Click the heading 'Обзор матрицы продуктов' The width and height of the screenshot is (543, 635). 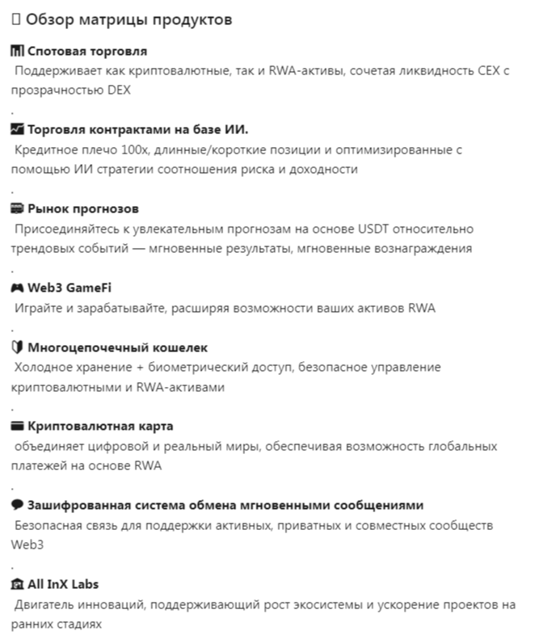point(128,19)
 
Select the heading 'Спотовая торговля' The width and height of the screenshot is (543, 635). point(87,51)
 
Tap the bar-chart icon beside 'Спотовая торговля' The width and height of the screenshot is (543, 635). point(18,51)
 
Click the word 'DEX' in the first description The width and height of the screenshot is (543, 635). point(120,90)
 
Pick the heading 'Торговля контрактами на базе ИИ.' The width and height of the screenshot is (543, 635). point(138,129)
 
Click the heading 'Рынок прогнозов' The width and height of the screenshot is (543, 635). point(83,208)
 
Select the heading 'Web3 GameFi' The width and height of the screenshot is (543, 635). point(69,288)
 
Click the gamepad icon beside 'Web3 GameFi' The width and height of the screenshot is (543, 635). point(18,288)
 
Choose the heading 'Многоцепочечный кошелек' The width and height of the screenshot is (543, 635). point(118,347)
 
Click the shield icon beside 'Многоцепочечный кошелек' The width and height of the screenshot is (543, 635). point(18,347)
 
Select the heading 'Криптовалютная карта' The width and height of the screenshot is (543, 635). point(100,426)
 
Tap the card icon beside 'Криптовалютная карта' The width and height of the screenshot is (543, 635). point(18,426)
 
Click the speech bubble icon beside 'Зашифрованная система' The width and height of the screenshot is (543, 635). point(18,505)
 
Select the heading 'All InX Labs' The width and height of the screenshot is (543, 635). point(63,584)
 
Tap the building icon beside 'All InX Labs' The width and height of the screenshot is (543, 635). point(18,584)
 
